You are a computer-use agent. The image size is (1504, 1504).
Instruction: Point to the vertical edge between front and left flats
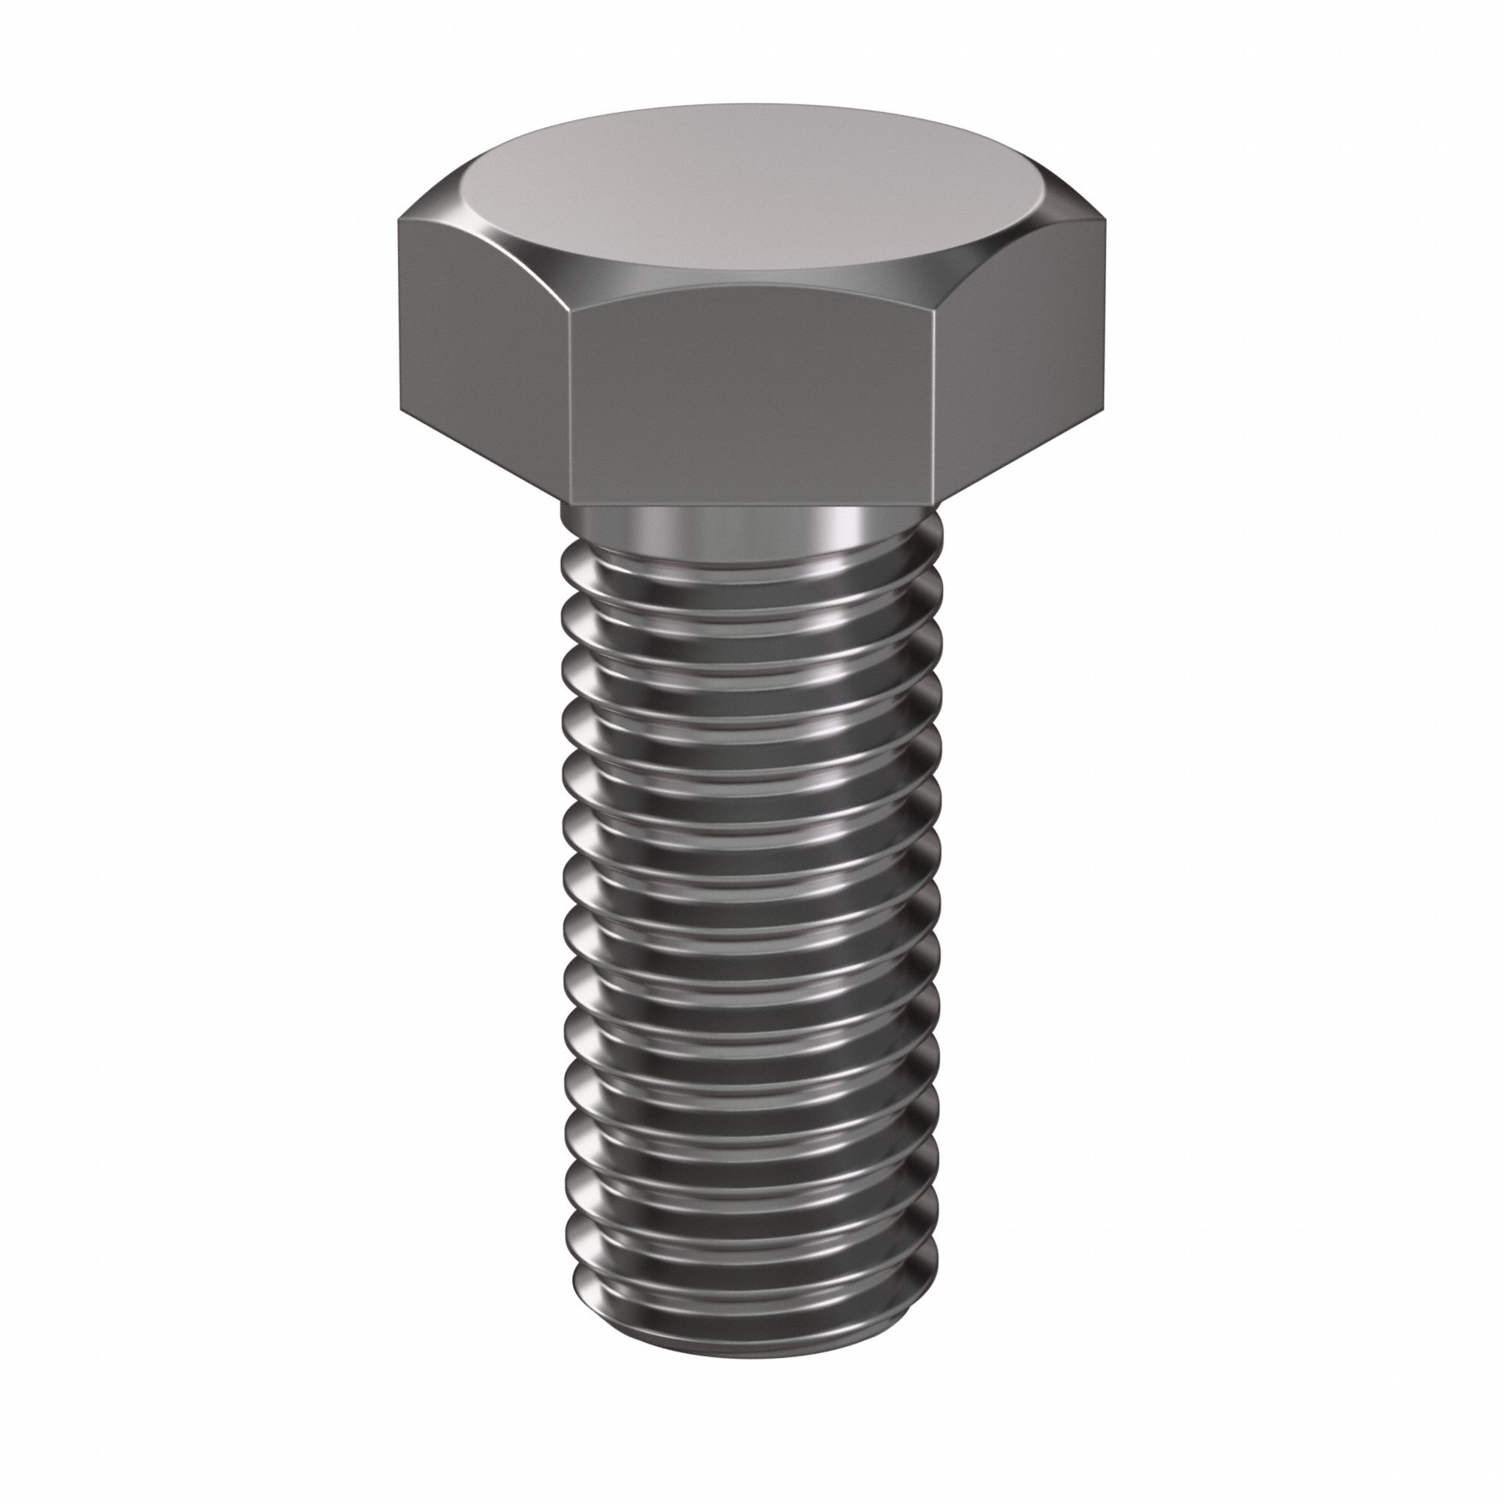tap(570, 405)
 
